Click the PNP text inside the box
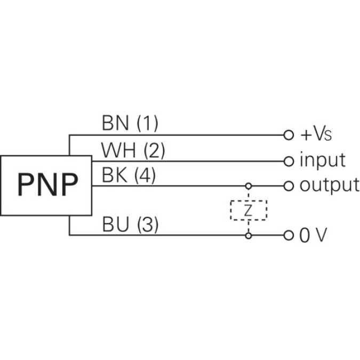[x=47, y=185]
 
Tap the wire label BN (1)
[x=130, y=124]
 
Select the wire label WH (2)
[x=133, y=151]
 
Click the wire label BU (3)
[x=130, y=226]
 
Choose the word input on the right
[x=322, y=159]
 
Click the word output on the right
[x=329, y=186]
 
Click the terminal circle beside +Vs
[x=289, y=134]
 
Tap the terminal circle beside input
[x=289, y=160]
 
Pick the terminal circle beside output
[x=289, y=186]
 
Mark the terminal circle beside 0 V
[x=289, y=235]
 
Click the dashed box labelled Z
[x=248, y=211]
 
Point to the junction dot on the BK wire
[x=248, y=186]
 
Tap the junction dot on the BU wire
[x=248, y=235]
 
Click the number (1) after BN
[x=147, y=124]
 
